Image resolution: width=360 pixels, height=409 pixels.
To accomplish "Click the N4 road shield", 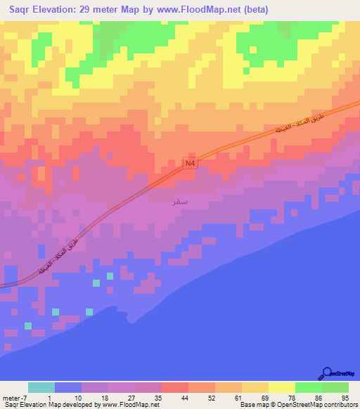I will point(189,163).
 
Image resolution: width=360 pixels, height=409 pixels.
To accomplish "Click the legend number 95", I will point(343,398).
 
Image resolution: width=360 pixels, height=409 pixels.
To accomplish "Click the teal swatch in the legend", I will point(41,387).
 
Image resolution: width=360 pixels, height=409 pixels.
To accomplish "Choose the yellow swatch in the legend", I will point(282,387).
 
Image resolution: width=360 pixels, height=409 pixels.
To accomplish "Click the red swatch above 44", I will point(175,387).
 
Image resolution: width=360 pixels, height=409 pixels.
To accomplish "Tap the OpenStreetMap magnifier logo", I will point(327,373).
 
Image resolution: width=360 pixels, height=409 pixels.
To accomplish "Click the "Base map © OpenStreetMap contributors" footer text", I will point(299,405).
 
